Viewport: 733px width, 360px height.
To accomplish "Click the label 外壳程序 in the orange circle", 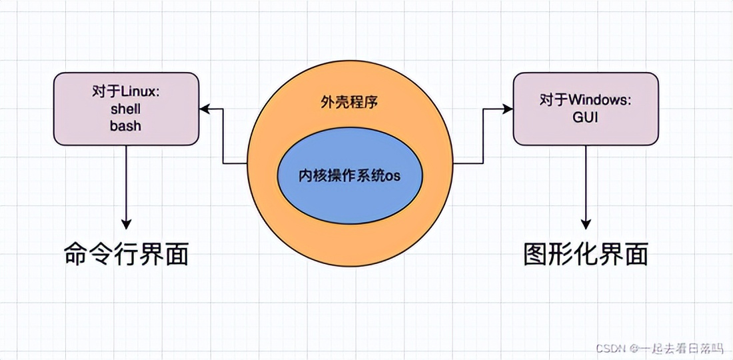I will (350, 103).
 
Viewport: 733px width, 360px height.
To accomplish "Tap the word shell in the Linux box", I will (126, 109).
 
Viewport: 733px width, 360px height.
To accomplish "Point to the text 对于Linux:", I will (126, 92).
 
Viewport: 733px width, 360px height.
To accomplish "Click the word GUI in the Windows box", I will (586, 117).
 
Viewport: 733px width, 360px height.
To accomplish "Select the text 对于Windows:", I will (586, 101).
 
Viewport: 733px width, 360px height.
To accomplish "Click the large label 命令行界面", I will (126, 253).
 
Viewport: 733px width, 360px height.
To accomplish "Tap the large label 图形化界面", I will (586, 254).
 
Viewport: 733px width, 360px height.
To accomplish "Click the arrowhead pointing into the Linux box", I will (205, 109).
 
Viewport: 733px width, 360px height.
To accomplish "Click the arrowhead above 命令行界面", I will (127, 223).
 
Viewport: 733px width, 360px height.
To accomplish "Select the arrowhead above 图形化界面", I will (586, 223).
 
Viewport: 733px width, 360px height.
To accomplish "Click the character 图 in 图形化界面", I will (536, 254).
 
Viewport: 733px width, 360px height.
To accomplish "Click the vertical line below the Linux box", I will (127, 180).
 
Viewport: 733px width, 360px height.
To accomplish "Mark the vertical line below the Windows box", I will (586, 180).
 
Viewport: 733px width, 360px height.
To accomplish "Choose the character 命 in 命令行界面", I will (76, 253).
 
